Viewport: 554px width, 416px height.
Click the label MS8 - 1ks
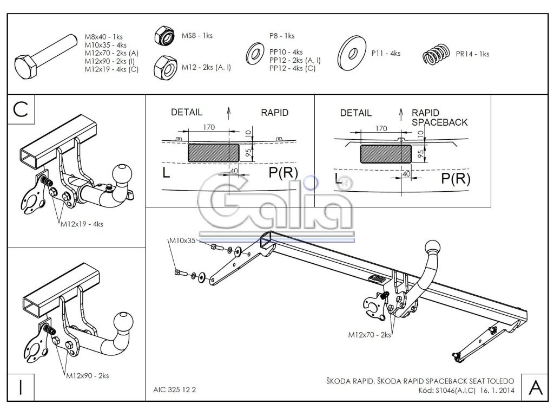click(197, 36)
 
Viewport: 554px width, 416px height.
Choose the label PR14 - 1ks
click(472, 54)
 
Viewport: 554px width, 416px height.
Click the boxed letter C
click(21, 109)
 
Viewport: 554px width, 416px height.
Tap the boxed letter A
click(535, 387)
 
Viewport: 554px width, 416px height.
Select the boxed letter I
click(21, 387)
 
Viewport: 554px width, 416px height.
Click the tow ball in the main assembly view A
click(434, 248)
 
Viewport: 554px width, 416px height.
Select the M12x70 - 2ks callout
click(370, 335)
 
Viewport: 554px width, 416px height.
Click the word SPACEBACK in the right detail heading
click(439, 122)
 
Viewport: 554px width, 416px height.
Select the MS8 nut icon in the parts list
click(166, 36)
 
